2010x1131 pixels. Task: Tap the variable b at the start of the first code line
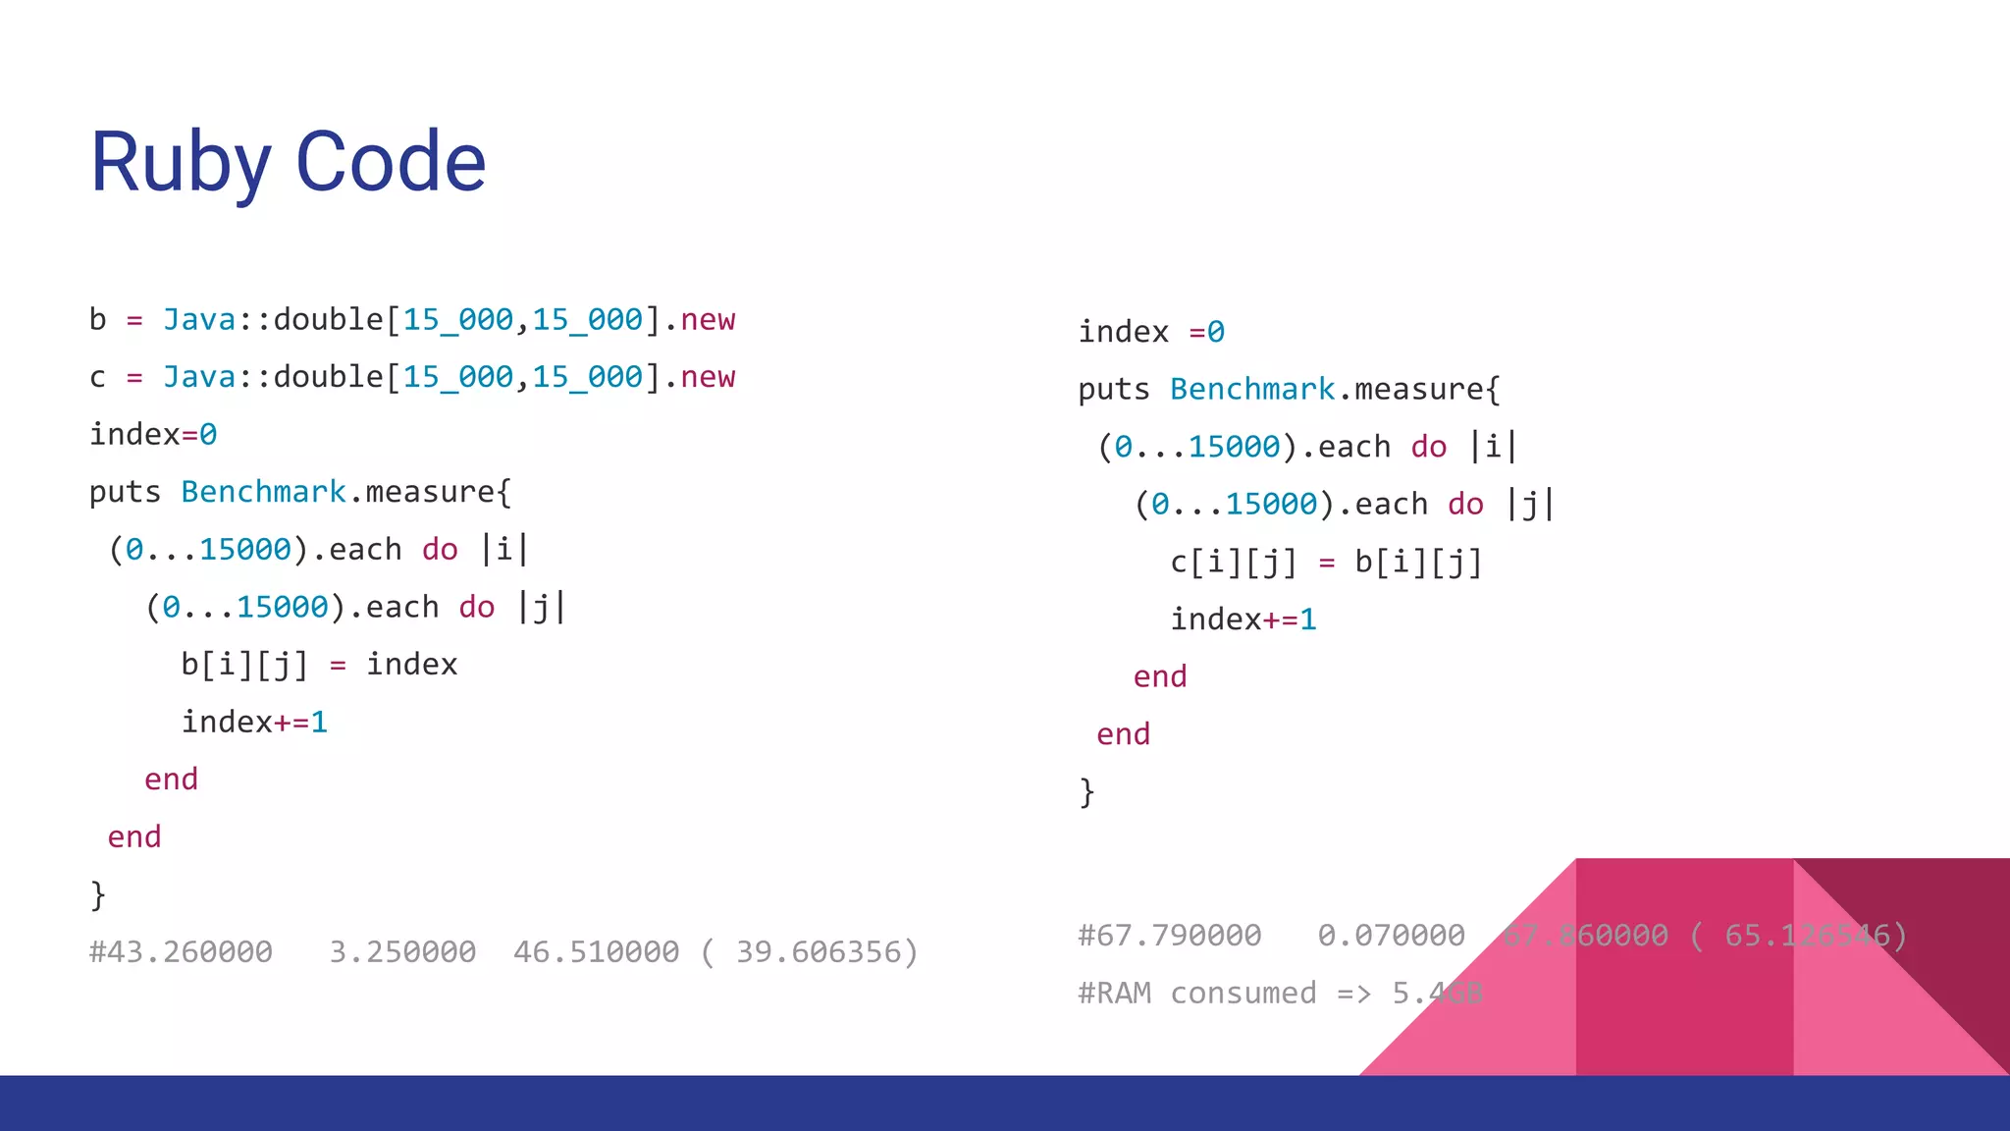point(97,320)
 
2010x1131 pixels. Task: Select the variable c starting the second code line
point(97,378)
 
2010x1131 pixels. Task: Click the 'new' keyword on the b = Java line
point(708,320)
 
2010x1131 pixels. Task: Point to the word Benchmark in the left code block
point(263,492)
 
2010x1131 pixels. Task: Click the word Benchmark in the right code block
point(1252,390)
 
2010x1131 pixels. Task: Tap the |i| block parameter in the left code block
point(504,550)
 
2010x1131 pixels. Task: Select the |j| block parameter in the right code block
point(1530,505)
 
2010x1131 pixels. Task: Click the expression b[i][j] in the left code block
point(244,665)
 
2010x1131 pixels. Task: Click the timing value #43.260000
point(181,952)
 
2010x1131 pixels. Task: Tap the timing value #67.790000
point(1169,936)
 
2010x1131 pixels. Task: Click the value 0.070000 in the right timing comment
point(1391,936)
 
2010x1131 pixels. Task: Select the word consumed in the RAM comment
point(1243,994)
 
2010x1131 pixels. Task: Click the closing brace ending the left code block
point(97,894)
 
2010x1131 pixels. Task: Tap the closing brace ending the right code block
point(1086,791)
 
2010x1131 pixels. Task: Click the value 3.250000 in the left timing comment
point(402,952)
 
